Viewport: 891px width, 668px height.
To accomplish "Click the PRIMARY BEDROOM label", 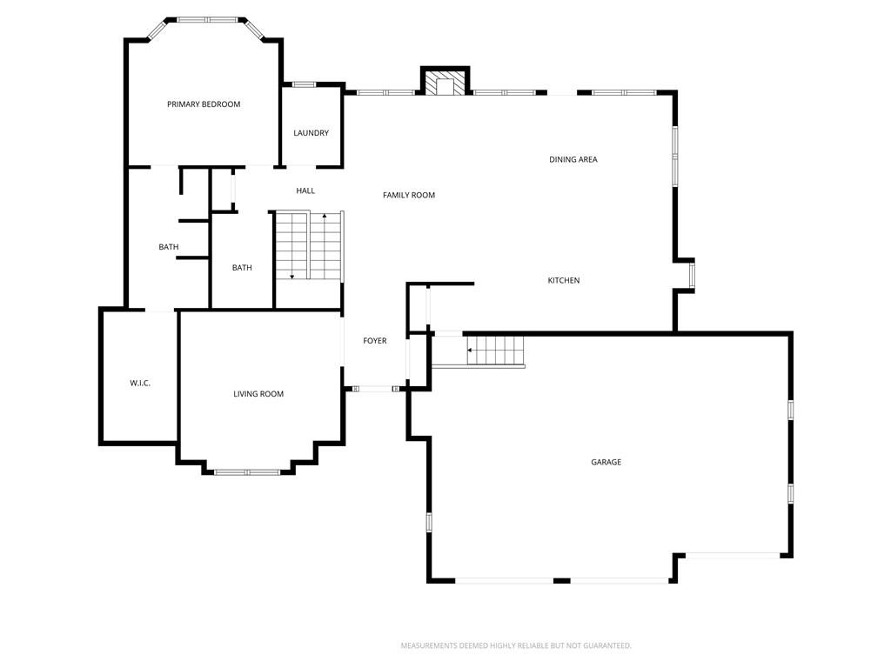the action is [x=204, y=104].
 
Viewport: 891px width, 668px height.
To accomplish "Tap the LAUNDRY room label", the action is [x=311, y=133].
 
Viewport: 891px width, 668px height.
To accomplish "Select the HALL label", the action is [x=305, y=190].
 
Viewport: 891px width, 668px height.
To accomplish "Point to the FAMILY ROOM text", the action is [x=409, y=195].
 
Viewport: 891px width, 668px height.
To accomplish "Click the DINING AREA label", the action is [x=573, y=160].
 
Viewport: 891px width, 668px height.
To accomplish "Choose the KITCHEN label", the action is [x=564, y=280].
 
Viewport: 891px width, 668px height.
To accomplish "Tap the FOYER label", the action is [x=374, y=341].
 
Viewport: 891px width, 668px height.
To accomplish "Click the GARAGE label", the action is [x=606, y=463].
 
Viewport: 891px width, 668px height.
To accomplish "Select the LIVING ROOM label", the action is [x=258, y=394].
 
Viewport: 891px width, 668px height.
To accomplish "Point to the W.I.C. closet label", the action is [x=140, y=384].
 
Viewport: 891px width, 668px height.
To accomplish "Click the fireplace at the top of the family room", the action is [x=445, y=81].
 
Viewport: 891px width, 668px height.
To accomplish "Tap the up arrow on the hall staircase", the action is [x=325, y=216].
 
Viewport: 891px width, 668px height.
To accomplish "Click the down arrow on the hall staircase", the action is [x=292, y=277].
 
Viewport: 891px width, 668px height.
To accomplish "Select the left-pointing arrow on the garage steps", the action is [x=470, y=351].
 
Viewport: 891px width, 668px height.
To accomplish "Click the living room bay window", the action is [x=247, y=472].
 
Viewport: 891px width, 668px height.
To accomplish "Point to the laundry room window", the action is [x=304, y=84].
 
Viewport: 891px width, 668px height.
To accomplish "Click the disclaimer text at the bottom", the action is [x=516, y=646].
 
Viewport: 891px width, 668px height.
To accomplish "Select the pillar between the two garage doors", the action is [x=562, y=580].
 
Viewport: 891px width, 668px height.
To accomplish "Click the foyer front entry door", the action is [x=376, y=389].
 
